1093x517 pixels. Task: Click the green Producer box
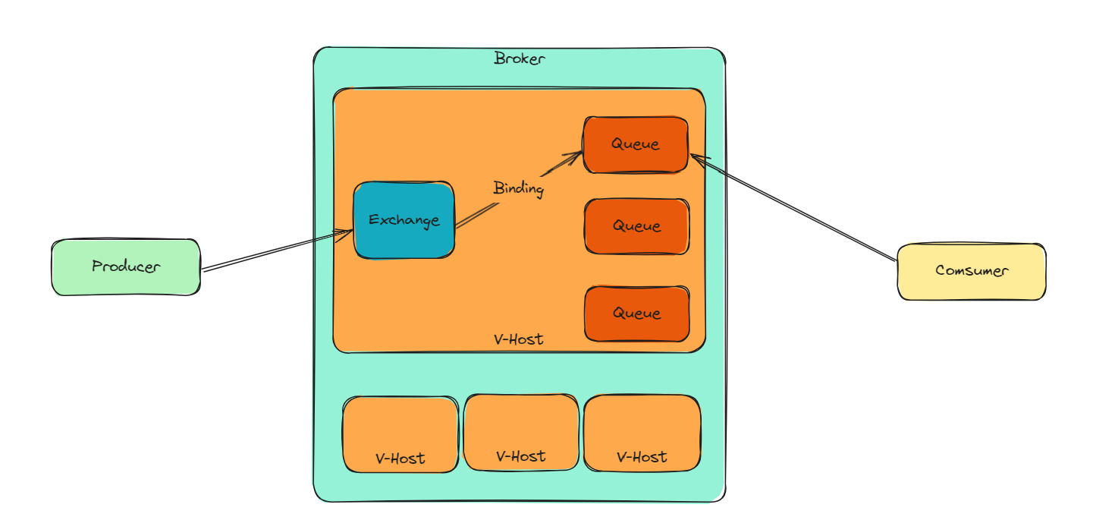[x=125, y=267]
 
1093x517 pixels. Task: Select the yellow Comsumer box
[x=972, y=271]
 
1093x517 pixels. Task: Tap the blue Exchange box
[x=404, y=220]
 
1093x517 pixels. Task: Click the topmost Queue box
[x=636, y=144]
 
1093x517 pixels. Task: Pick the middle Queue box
[x=636, y=226]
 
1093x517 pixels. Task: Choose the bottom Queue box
[x=636, y=314]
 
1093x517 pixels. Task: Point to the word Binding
[x=518, y=188]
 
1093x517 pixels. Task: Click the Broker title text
[x=520, y=58]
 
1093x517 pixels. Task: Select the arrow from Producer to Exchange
[x=277, y=251]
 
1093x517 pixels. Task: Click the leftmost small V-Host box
[x=400, y=434]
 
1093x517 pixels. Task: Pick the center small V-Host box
[x=521, y=432]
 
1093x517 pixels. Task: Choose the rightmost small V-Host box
[x=642, y=433]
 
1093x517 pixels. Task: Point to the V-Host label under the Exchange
[x=519, y=339]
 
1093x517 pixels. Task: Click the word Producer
[x=125, y=266]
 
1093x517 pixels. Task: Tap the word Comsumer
[x=972, y=271]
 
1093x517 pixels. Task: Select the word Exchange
[x=404, y=221]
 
